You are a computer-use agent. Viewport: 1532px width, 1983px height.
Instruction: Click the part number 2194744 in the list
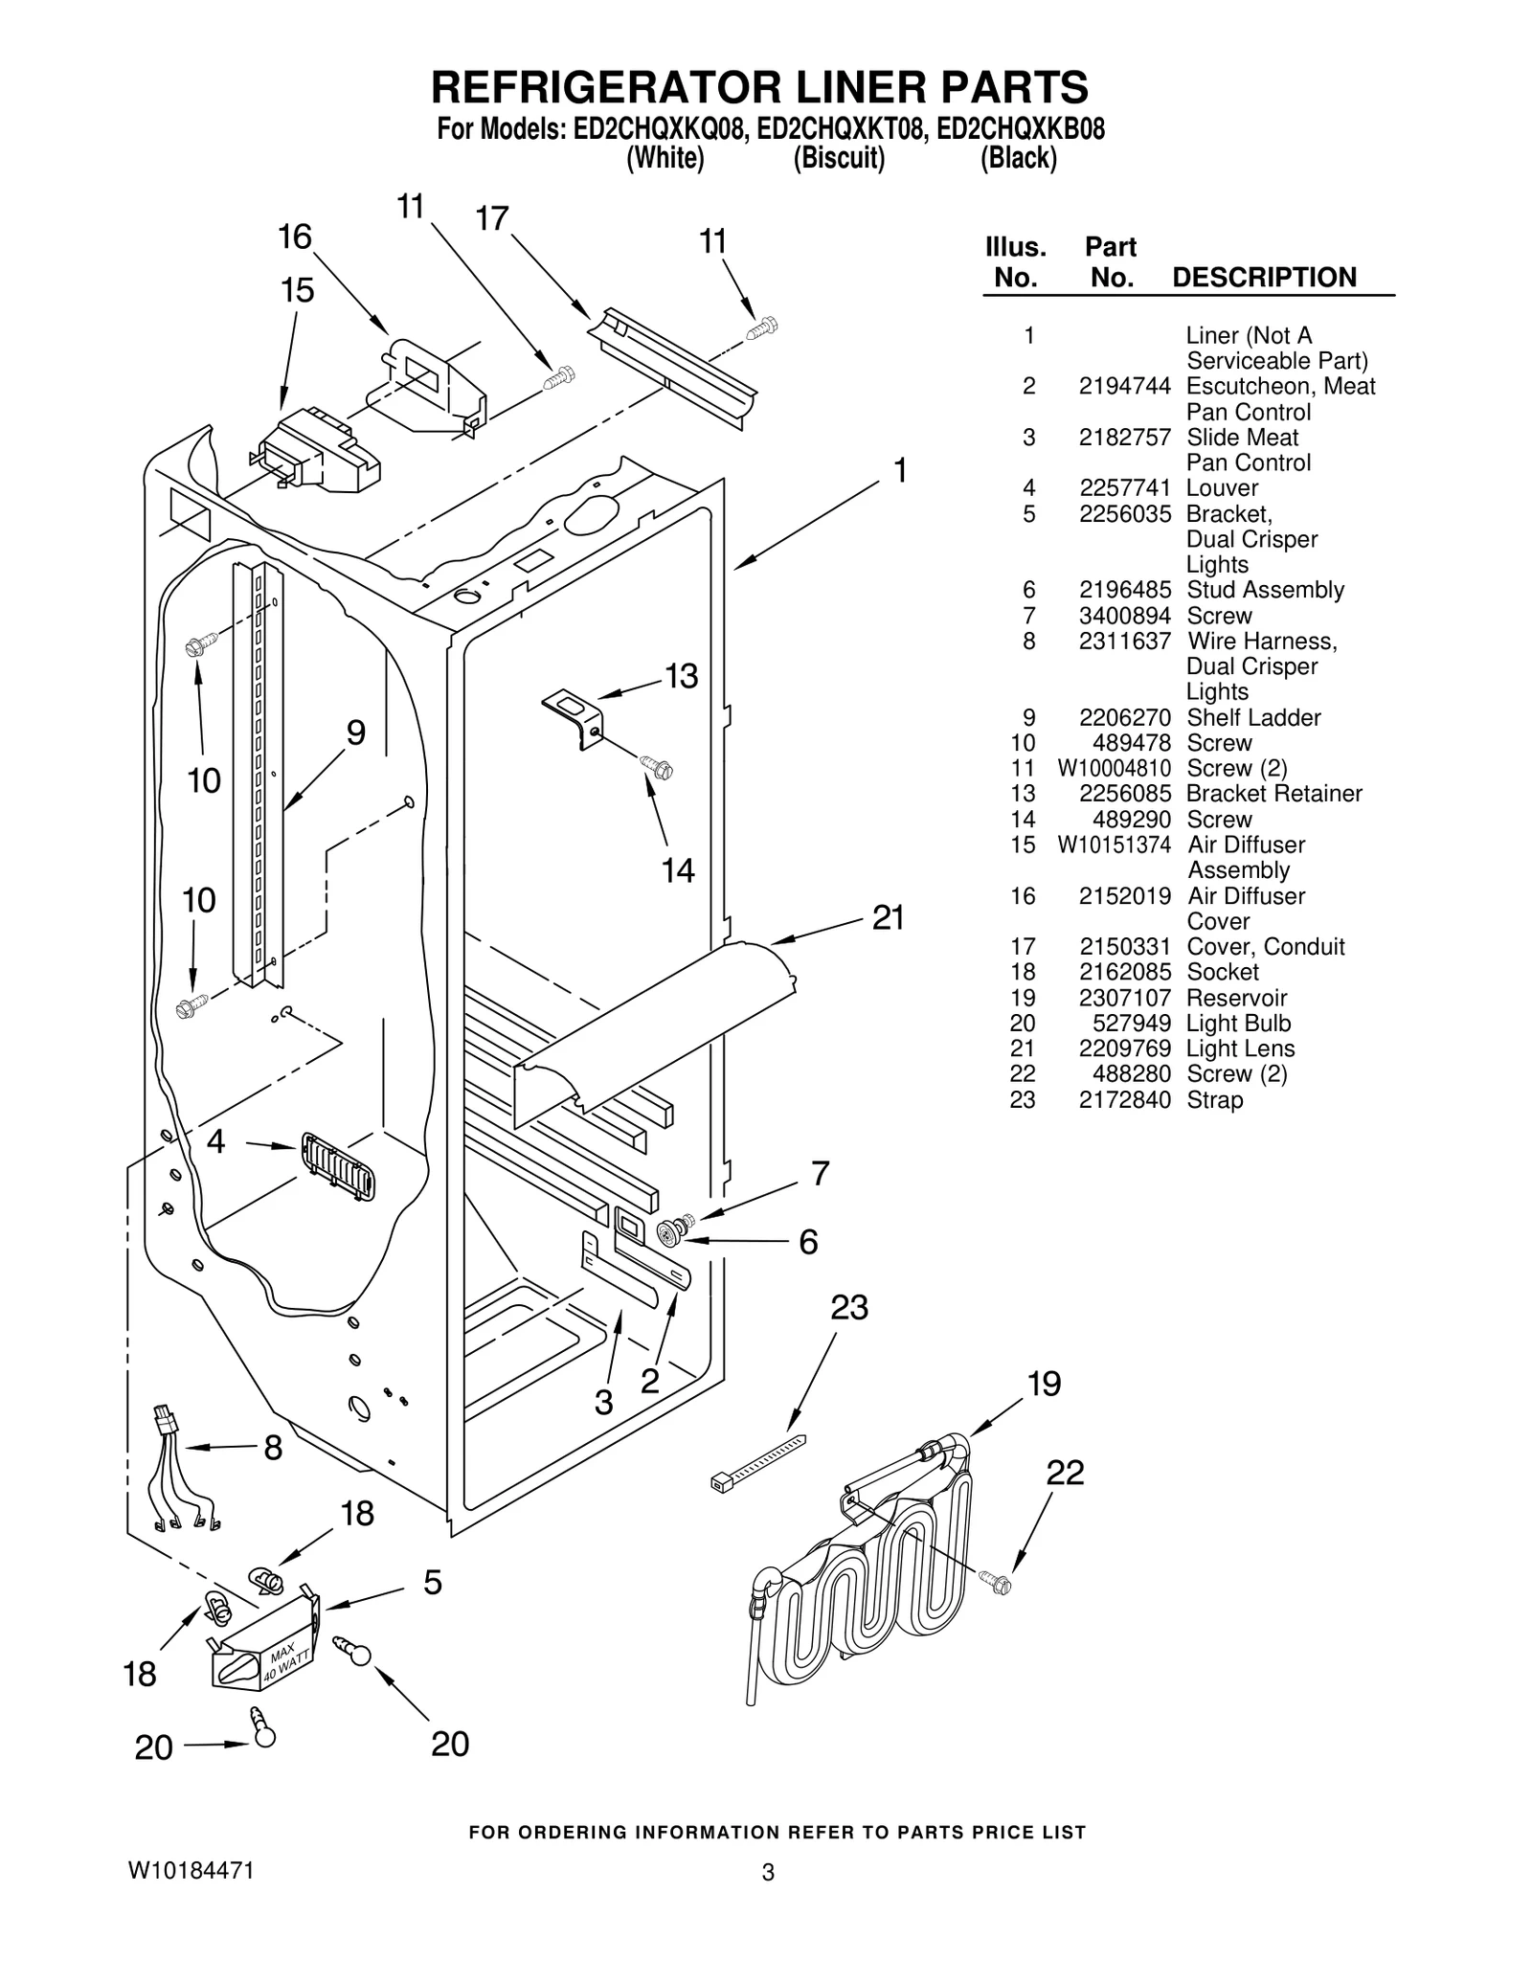point(1124,386)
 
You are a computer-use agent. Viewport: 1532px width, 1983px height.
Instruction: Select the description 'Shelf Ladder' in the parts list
point(1253,717)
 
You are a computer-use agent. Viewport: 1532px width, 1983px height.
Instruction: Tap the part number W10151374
point(1114,845)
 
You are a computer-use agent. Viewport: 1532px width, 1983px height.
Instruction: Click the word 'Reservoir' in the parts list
point(1236,998)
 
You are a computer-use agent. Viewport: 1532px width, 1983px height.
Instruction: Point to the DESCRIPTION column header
point(1264,278)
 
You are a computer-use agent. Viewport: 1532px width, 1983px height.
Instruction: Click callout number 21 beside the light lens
point(888,918)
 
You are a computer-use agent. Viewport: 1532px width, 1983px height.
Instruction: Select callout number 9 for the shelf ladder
point(355,733)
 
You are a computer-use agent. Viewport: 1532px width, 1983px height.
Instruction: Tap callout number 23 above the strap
point(848,1308)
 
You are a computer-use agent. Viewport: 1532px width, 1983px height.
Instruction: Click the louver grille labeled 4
point(338,1165)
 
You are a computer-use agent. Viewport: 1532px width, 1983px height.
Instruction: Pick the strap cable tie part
point(757,1462)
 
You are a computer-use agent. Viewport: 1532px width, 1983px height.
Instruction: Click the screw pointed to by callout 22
point(995,1582)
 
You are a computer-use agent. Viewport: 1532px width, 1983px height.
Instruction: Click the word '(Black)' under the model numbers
point(1018,158)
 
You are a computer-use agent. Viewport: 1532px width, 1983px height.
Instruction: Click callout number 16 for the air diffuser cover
point(295,237)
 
